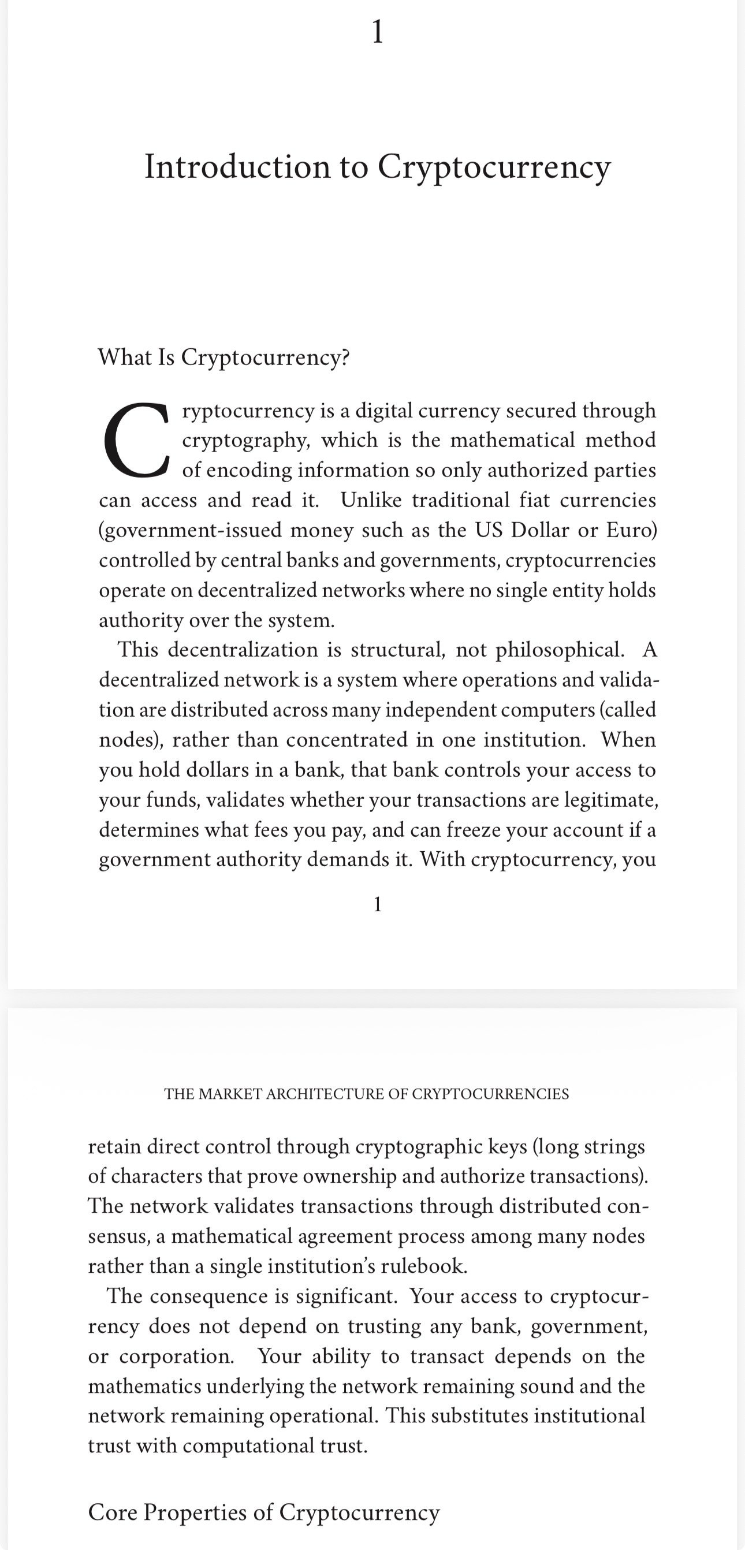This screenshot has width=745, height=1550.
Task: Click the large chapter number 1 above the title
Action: pos(377,31)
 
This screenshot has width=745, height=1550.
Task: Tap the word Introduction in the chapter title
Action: pos(237,167)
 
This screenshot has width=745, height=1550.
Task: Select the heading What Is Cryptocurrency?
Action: pos(223,357)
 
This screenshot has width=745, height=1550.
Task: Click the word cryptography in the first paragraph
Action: pos(245,441)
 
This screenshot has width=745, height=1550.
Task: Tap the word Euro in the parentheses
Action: pos(629,530)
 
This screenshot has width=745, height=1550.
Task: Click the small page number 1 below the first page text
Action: pos(377,904)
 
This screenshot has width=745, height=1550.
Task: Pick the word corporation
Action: pos(176,1356)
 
